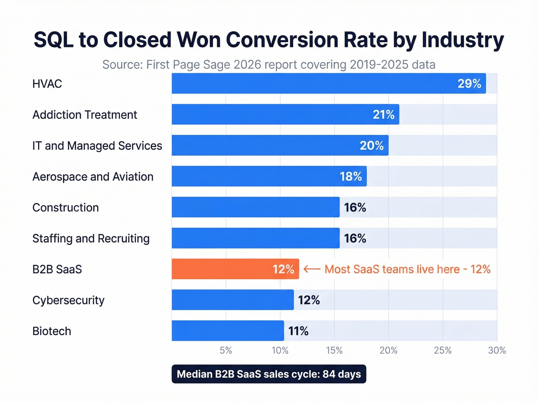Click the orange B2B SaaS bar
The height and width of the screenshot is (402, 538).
235,269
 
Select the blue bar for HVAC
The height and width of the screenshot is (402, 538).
329,83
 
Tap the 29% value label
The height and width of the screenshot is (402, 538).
469,84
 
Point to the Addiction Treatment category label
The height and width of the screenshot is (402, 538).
85,115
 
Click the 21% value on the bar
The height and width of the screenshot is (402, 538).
384,115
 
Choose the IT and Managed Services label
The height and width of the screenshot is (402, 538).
97,146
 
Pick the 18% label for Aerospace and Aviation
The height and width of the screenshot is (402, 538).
350,177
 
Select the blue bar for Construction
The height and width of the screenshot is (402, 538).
256,207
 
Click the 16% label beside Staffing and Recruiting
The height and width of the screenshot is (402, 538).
355,239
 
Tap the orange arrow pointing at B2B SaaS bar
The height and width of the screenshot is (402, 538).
312,269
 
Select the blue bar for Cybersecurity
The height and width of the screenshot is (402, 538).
232,300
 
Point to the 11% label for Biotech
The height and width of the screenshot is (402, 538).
298,331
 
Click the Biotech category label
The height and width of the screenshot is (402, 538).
52,331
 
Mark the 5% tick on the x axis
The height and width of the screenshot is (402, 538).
226,350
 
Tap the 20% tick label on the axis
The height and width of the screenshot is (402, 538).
388,350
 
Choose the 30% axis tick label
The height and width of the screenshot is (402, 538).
497,350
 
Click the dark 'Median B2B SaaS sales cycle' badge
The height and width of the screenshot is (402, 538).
269,374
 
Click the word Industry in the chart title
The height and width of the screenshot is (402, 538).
463,40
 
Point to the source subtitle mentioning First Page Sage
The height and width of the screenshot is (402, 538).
269,65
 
